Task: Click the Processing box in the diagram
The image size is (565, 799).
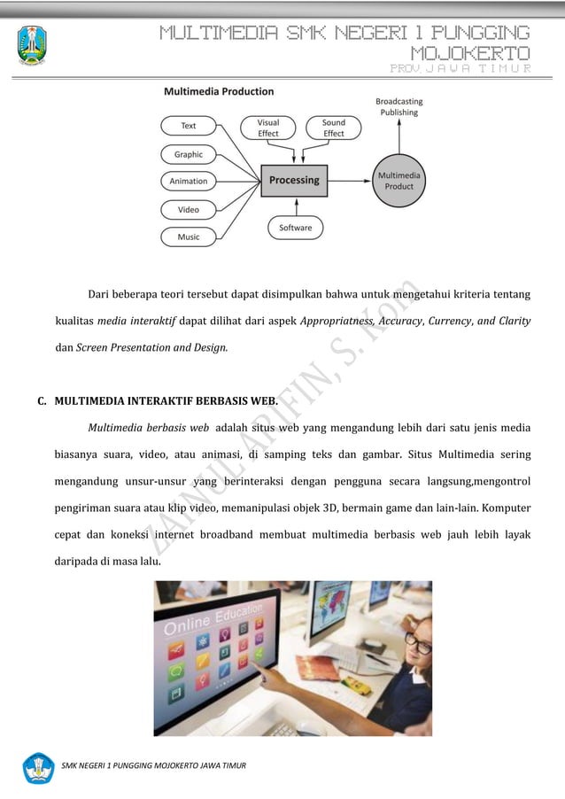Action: click(294, 181)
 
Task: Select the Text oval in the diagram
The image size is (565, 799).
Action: click(189, 126)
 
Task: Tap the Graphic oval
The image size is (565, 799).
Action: click(189, 154)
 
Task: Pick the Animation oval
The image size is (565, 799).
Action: click(189, 182)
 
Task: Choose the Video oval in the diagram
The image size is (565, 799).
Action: click(189, 210)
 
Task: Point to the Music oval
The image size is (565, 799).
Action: click(189, 237)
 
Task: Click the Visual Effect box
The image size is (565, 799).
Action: click(268, 128)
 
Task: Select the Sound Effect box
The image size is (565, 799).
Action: click(334, 128)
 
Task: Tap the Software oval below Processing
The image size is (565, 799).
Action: click(295, 228)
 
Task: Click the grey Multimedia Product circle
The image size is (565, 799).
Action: click(399, 181)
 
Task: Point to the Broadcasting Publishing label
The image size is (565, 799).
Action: click(399, 107)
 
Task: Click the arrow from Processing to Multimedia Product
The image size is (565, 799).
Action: click(349, 181)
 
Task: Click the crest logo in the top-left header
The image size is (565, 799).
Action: click(33, 44)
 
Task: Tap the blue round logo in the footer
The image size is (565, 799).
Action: click(38, 767)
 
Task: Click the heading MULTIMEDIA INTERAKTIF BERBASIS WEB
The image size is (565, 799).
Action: click(166, 401)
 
